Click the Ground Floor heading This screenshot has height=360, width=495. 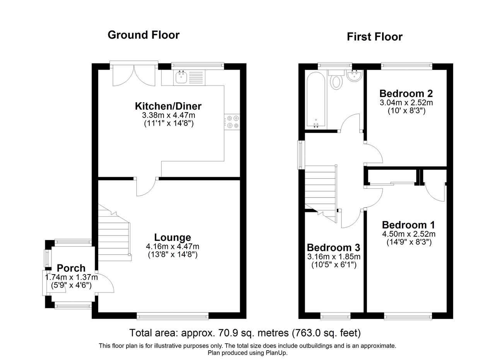[x=143, y=35]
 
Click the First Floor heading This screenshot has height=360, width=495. [x=375, y=37]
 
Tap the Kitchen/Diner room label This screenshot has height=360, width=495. [x=168, y=106]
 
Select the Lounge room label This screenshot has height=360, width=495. [x=172, y=237]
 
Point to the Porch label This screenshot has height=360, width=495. [x=71, y=268]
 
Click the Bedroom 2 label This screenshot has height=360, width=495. [x=406, y=94]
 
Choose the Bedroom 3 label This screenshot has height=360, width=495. [x=333, y=247]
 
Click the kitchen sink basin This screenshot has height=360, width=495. [x=181, y=78]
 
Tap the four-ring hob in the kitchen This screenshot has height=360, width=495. [x=232, y=122]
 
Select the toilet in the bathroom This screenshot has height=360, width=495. [x=336, y=80]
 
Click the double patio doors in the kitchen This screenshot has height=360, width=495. [x=134, y=75]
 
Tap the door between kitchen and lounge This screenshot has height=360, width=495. [x=146, y=187]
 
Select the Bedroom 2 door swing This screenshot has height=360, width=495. [x=374, y=154]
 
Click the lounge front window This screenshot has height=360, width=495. [x=172, y=316]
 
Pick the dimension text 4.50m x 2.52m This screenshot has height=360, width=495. [x=409, y=234]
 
